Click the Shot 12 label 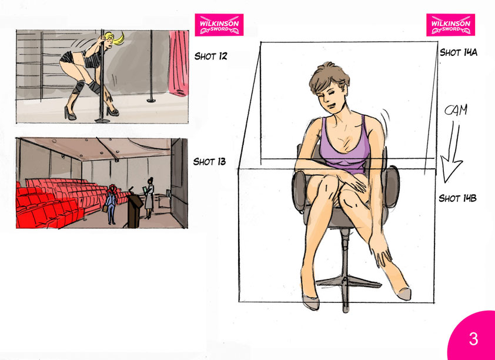pyautogui.click(x=210, y=56)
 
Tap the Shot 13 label pyautogui.click(x=210, y=162)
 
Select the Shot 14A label pyautogui.click(x=459, y=52)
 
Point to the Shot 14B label pyautogui.click(x=457, y=198)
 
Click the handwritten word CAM pyautogui.click(x=456, y=111)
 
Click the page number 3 pyautogui.click(x=473, y=339)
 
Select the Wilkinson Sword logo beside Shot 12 pyautogui.click(x=219, y=25)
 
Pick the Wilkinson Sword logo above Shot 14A pyautogui.click(x=450, y=25)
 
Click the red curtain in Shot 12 pyautogui.click(x=179, y=62)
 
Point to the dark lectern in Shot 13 pyautogui.click(x=134, y=210)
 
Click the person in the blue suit pyautogui.click(x=111, y=205)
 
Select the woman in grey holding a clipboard pyautogui.click(x=149, y=198)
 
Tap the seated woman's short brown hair pyautogui.click(x=329, y=78)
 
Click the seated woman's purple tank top pyautogui.click(x=344, y=148)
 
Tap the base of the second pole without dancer pyautogui.click(x=151, y=101)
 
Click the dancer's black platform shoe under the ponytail pyautogui.click(x=113, y=111)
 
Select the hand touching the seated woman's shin pyautogui.click(x=380, y=252)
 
